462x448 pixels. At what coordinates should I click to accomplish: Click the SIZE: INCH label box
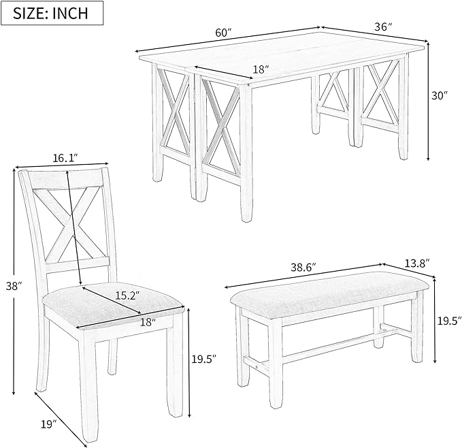53,13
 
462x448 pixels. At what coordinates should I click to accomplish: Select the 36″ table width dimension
383,27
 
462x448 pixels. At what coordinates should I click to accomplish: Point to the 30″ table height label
440,96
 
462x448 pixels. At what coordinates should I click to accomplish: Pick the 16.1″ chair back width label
65,157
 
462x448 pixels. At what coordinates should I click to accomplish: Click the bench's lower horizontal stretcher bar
320,347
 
